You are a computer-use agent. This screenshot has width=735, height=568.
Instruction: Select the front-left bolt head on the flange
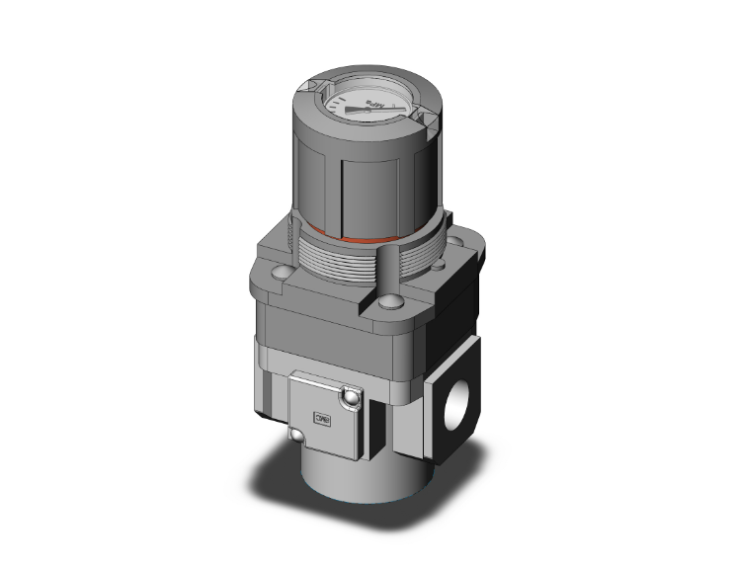pyautogui.click(x=283, y=271)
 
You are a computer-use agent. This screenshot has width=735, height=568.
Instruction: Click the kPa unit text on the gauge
pyautogui.click(x=372, y=104)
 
